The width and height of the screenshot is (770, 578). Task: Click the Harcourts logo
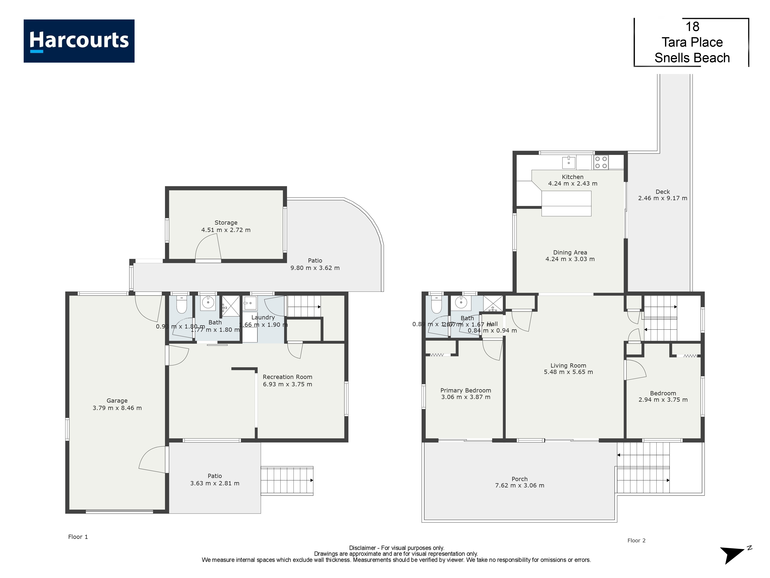pos(79,41)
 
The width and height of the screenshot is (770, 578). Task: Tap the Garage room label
pos(117,401)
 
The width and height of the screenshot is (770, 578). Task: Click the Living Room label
pos(568,365)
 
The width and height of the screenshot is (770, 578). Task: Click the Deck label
pos(662,192)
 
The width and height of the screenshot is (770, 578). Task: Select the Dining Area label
pos(570,253)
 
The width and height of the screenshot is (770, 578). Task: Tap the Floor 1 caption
pos(78,537)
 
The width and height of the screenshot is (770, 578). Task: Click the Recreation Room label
pos(287,377)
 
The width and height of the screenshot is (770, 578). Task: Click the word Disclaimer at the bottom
pos(362,548)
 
